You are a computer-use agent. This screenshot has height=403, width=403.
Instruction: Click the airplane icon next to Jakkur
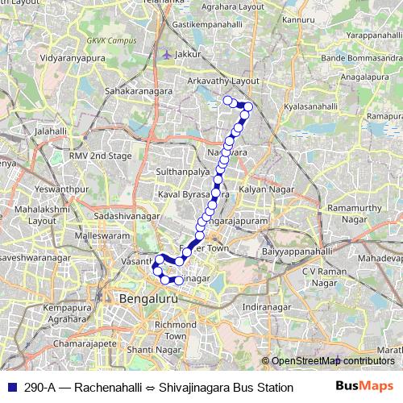166,55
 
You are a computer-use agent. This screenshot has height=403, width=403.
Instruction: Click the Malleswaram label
101,235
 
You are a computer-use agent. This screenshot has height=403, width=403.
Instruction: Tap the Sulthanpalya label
183,172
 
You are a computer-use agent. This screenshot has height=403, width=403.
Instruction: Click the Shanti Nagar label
152,350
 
